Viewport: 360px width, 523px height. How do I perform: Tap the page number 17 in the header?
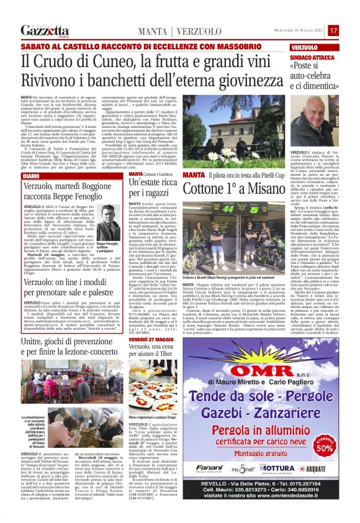pyautogui.click(x=333, y=30)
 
